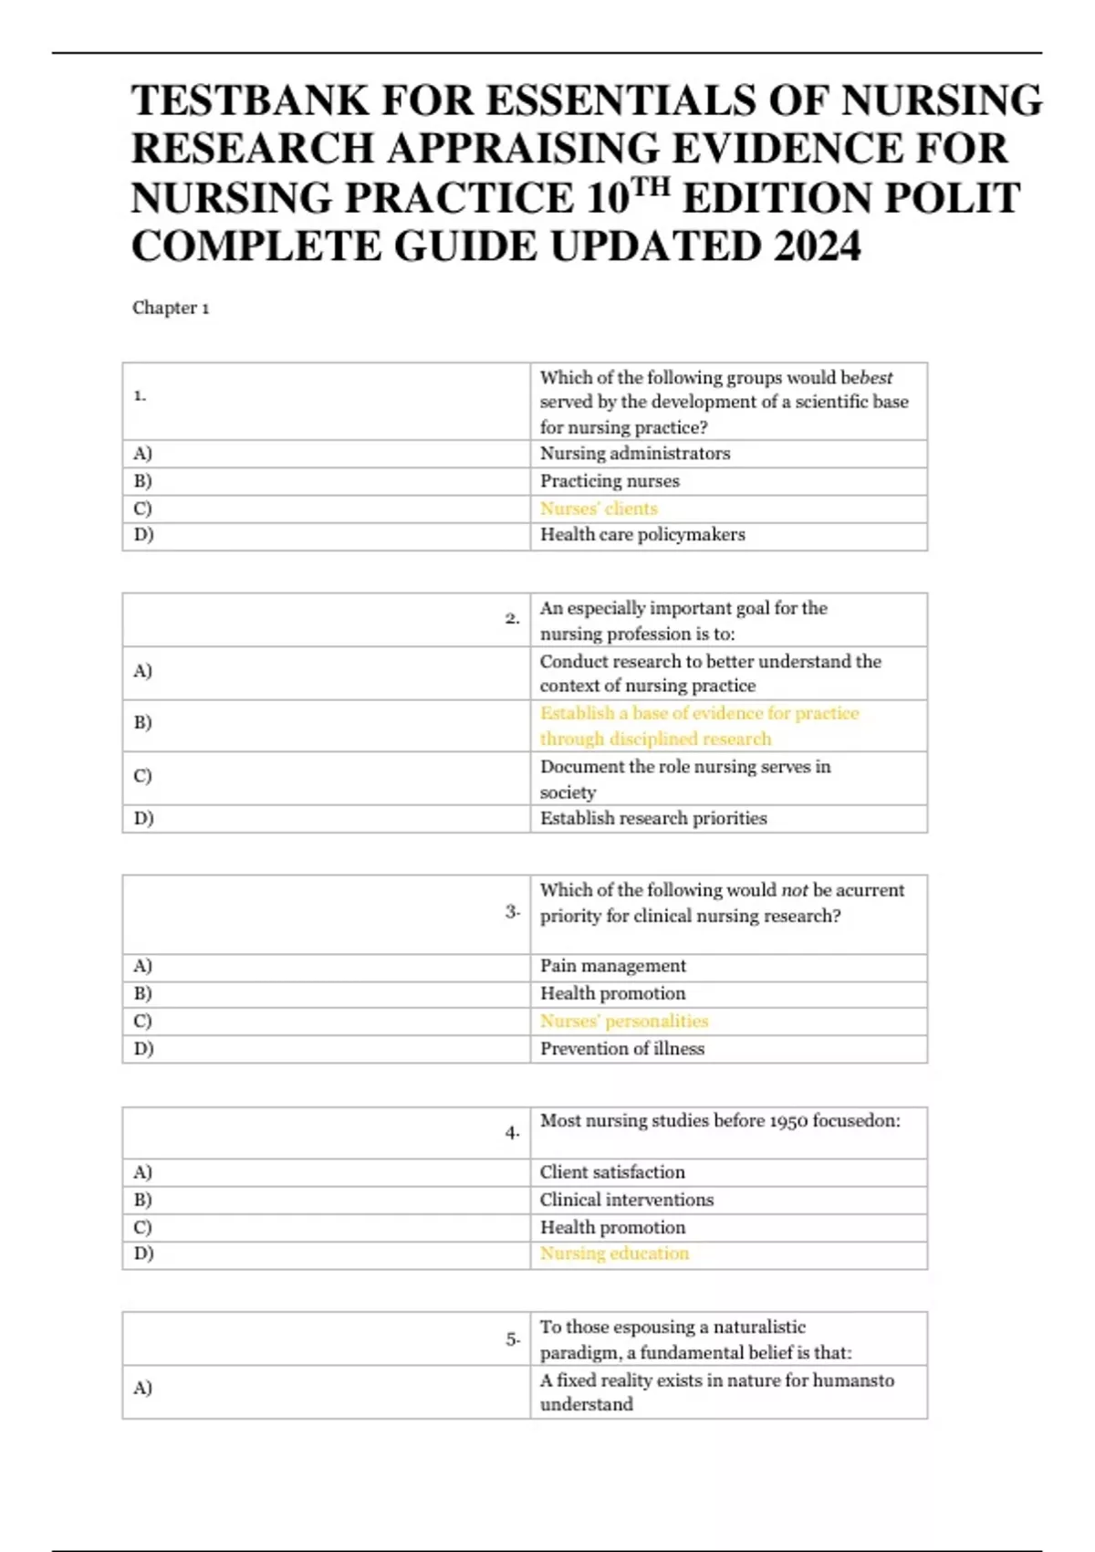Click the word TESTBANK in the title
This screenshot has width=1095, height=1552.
pos(249,100)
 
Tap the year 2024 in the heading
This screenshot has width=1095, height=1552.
pos(817,246)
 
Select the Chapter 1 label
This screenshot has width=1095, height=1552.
pos(171,308)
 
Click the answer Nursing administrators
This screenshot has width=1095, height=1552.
pos(634,454)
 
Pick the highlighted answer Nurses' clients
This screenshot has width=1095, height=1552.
pos(598,509)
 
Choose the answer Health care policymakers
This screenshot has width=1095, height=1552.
pos(641,535)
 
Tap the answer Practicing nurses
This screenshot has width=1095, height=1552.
pos(609,481)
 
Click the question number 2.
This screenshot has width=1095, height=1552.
pos(512,619)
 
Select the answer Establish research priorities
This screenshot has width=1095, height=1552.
pos(652,819)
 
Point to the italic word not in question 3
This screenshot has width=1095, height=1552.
pos(794,890)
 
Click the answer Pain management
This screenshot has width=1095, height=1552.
pos(612,966)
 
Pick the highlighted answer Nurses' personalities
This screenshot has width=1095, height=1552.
pos(623,1021)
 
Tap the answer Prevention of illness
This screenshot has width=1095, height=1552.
pos(621,1049)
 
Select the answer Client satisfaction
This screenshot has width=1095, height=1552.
pos(611,1172)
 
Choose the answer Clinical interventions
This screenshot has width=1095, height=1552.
pos(626,1200)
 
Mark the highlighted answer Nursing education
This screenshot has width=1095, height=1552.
pos(614,1253)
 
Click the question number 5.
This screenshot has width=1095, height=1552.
pos(513,1339)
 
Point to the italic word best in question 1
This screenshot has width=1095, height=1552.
pos(877,378)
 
